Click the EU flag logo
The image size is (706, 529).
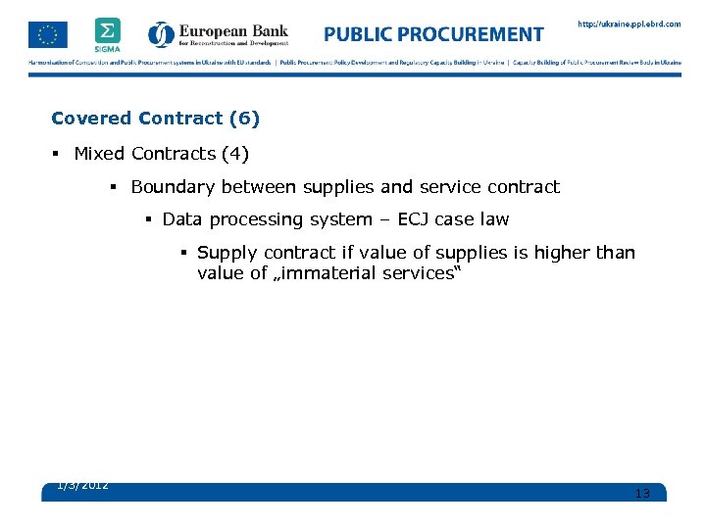coord(48,34)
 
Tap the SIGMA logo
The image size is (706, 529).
coord(108,33)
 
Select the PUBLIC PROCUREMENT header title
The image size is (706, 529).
coord(433,34)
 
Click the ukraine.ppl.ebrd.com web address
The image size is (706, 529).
coord(629,24)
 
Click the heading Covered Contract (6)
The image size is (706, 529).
coord(155,119)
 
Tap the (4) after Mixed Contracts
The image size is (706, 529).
coord(235,154)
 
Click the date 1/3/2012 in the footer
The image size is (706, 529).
coord(82,485)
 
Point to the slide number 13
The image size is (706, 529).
coord(642,493)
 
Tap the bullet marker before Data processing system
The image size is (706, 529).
coord(148,219)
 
